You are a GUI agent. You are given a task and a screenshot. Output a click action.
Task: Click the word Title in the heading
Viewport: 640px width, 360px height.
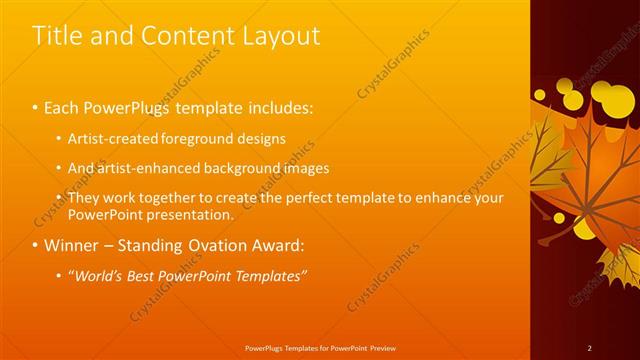[x=58, y=36]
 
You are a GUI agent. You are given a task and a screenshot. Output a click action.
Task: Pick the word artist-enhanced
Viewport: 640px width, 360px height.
[x=140, y=168]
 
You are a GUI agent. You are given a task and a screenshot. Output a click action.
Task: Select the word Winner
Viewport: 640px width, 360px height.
[x=70, y=245]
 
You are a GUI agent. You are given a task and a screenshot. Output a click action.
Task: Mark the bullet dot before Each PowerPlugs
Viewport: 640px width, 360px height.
[x=36, y=107]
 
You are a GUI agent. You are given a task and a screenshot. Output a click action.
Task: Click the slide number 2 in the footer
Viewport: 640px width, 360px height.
[x=589, y=347]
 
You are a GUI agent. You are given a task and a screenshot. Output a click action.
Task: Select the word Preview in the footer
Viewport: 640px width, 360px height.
[x=380, y=347]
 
